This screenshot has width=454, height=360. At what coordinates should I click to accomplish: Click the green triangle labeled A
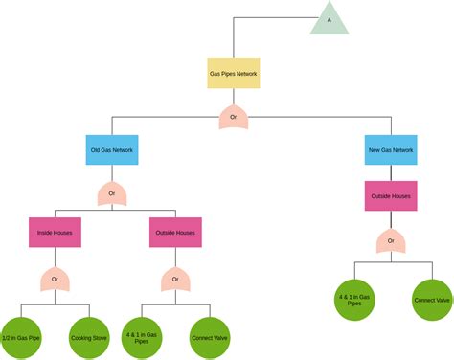[x=329, y=19]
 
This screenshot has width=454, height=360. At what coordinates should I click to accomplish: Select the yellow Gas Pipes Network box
[x=234, y=73]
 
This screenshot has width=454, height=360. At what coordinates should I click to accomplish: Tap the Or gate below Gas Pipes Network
[x=234, y=118]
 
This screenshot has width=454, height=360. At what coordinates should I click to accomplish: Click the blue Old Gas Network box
[x=112, y=150]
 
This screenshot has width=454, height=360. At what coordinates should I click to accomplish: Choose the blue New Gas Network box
[x=391, y=150]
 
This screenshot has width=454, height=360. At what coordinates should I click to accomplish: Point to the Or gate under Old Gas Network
[x=112, y=194]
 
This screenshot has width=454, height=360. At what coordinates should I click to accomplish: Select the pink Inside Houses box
[x=55, y=233]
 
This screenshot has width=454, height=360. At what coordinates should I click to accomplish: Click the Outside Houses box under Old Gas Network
[x=176, y=233]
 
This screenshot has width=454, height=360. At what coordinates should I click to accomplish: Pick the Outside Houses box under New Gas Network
[x=391, y=197]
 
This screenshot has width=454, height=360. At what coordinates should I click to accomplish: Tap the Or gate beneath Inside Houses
[x=55, y=280]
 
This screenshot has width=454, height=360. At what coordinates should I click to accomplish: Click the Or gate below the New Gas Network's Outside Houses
[x=391, y=241]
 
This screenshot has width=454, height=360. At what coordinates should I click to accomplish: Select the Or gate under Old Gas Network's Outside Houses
[x=176, y=280]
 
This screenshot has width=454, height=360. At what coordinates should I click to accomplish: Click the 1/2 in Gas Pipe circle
[x=22, y=337]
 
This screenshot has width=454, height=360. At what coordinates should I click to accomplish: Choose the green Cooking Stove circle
[x=87, y=337]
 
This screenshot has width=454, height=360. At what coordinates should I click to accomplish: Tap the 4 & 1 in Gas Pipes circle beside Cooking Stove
[x=143, y=337]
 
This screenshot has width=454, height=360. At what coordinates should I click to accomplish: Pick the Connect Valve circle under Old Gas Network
[x=208, y=337]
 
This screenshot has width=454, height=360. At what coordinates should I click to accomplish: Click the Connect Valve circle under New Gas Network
[x=431, y=300]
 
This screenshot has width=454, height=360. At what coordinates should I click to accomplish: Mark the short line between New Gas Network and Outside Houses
[x=391, y=173]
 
